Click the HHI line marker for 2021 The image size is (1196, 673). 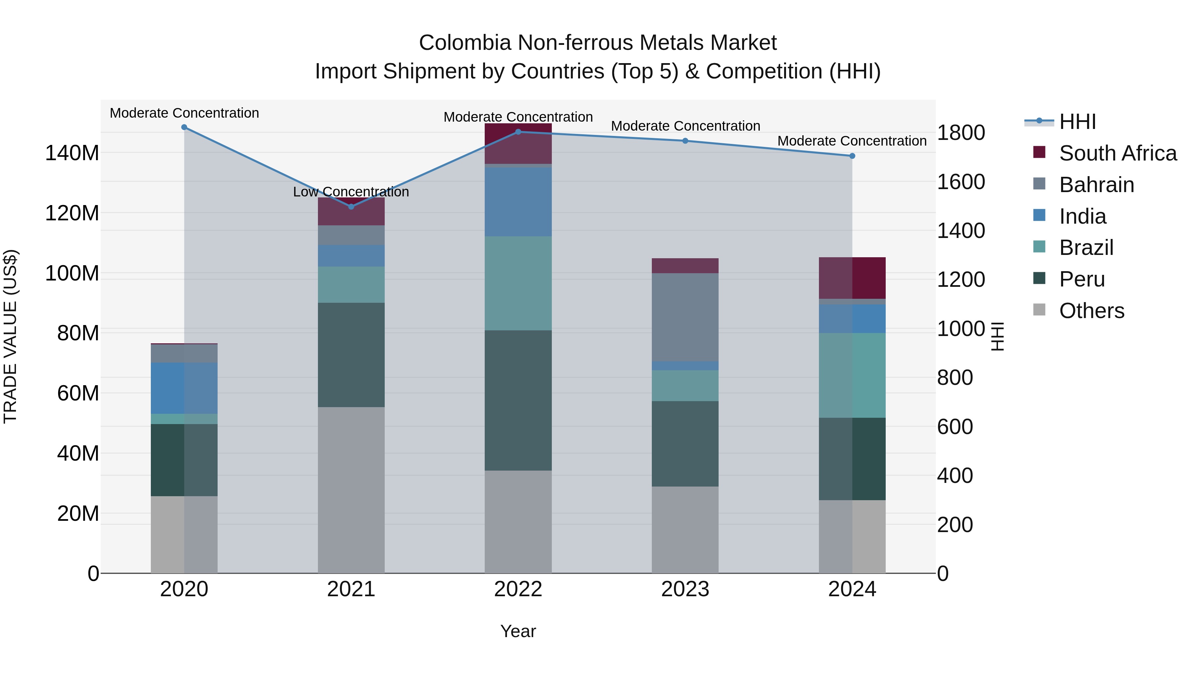[351, 207]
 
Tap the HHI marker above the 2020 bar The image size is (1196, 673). [184, 127]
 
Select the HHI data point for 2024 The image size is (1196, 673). [852, 156]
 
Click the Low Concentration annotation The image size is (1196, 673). [351, 192]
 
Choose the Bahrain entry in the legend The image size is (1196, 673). [1096, 185]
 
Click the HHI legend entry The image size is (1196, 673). [1077, 122]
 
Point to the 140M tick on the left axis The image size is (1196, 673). [72, 153]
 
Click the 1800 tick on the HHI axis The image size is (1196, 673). [960, 133]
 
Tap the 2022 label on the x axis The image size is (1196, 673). [518, 589]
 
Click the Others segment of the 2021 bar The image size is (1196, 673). [351, 490]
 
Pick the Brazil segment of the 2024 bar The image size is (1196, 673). [852, 375]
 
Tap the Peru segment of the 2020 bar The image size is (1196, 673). [184, 460]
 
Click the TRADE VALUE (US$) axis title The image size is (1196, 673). [10, 336]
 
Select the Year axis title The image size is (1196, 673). [518, 631]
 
